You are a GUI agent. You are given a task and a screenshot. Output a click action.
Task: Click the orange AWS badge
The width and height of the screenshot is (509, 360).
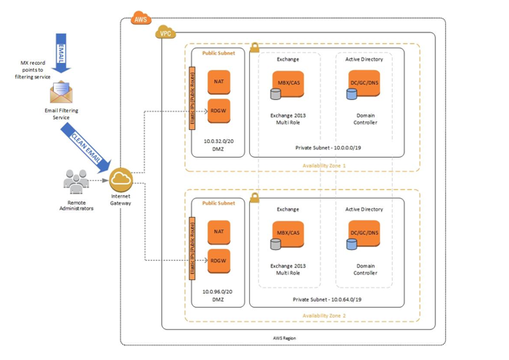point(141,19)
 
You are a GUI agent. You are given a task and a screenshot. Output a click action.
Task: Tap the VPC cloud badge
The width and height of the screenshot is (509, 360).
point(165,34)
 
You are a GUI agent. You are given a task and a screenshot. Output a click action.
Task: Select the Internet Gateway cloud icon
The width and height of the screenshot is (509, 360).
point(121,181)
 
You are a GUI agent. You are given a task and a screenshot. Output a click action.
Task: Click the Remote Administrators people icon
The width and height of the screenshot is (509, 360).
point(76,182)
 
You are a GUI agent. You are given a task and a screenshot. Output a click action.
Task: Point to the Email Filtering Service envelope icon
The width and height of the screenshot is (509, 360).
point(61,93)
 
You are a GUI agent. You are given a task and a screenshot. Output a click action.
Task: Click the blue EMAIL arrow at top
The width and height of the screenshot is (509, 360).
point(62,52)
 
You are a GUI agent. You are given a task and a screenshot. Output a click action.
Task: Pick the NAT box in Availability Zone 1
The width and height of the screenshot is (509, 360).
point(219,82)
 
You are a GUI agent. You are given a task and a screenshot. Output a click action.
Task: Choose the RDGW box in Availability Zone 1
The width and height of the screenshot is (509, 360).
point(219,112)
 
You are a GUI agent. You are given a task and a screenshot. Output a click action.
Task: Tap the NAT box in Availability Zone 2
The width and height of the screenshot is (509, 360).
point(219,232)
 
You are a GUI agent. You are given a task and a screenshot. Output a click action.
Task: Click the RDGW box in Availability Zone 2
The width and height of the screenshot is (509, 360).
point(219,262)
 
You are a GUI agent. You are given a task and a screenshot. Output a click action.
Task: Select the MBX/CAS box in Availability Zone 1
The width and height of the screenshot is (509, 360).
point(288,83)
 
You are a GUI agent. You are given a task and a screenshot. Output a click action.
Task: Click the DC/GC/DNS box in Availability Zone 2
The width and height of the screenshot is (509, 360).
point(364,233)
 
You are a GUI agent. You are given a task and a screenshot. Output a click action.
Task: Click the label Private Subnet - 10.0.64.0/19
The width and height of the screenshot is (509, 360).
point(328,299)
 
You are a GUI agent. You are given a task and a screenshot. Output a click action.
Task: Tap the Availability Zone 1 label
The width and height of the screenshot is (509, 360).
point(324,165)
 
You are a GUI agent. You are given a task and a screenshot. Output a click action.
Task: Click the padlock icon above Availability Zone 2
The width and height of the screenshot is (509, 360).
point(254,198)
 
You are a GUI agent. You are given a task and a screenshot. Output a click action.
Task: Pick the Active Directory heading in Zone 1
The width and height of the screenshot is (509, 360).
point(364,59)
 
